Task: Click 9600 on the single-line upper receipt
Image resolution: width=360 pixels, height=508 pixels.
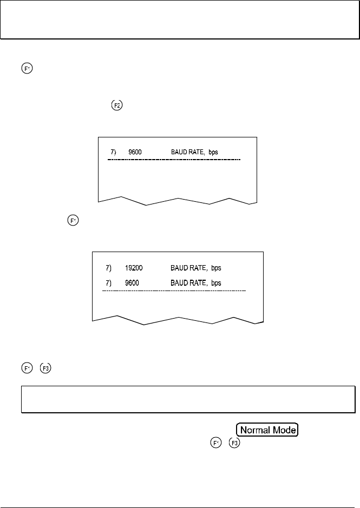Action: click(135, 152)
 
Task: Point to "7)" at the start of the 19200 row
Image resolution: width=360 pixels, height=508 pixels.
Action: click(109, 268)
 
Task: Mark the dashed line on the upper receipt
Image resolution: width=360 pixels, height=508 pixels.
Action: click(173, 161)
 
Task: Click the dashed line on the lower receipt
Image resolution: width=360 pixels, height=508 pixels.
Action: click(174, 291)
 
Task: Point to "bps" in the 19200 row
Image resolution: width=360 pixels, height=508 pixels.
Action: click(216, 268)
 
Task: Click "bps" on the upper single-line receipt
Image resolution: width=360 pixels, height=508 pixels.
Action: click(212, 152)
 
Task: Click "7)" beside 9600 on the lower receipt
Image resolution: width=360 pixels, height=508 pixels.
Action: click(109, 283)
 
